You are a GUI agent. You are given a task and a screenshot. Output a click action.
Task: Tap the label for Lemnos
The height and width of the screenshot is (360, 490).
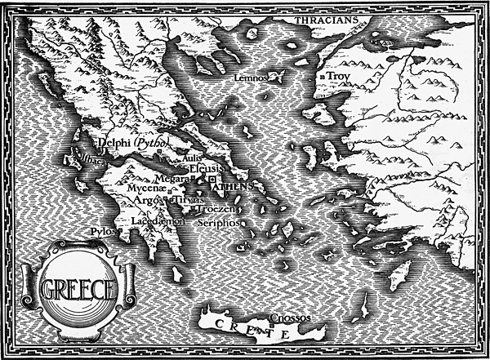250,78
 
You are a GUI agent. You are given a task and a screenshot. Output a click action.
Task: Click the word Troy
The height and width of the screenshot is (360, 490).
339,76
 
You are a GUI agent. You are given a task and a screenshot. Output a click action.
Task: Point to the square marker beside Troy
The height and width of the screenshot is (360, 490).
324,77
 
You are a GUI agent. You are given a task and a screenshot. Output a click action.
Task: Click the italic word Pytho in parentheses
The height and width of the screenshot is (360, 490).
150,143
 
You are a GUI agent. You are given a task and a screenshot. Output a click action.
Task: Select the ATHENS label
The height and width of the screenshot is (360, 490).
233,187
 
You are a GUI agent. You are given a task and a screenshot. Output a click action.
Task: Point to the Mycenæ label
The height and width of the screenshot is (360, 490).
145,188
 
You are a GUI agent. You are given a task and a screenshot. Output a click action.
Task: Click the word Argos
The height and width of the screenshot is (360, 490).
147,199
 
